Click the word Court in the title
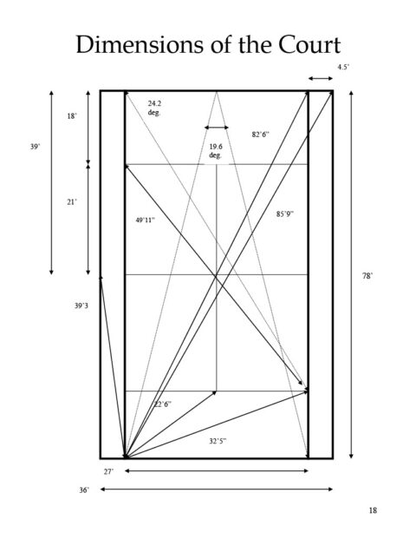tap(309, 44)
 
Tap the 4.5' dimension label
tap(343, 67)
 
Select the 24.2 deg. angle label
tap(154, 108)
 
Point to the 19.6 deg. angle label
tap(216, 151)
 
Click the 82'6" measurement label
tap(261, 135)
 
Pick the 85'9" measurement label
tap(285, 214)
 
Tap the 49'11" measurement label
tap(146, 220)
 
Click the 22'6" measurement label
tap(163, 404)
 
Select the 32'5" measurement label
tap(218, 441)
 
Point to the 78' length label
tap(367, 276)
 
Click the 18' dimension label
tap(72, 116)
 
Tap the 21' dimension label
tap(72, 202)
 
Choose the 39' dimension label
tap(35, 147)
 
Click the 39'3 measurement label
tap(81, 306)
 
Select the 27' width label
tap(108, 472)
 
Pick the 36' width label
tap(84, 490)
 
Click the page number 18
tap(373, 510)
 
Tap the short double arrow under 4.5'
tap(321, 79)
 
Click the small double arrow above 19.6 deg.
tap(217, 128)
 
